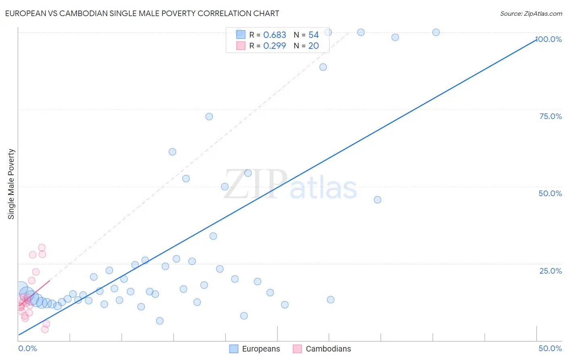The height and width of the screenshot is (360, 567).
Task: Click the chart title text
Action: (x=142, y=13)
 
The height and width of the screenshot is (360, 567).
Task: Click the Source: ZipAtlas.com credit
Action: (x=531, y=13)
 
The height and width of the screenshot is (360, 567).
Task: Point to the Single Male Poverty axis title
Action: (x=11, y=184)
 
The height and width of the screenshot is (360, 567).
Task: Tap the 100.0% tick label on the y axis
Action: (x=549, y=39)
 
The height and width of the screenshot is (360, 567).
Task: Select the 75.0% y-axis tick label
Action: (x=550, y=116)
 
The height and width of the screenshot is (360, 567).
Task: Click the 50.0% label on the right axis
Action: (x=550, y=193)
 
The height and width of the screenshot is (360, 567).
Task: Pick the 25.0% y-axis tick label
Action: (x=550, y=271)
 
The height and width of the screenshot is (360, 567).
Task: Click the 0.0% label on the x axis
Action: (x=27, y=348)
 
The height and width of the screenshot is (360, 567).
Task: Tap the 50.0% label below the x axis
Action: (x=550, y=348)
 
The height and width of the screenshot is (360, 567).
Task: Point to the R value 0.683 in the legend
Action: (x=275, y=35)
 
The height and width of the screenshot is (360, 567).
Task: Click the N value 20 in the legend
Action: (x=313, y=46)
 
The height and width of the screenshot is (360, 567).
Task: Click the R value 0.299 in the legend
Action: (x=275, y=46)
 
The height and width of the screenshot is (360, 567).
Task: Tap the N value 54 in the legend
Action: (x=313, y=35)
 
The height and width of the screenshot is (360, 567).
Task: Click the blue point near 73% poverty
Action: (x=209, y=117)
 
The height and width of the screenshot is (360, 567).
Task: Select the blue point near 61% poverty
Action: (x=172, y=152)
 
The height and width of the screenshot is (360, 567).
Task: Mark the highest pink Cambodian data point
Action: (x=42, y=248)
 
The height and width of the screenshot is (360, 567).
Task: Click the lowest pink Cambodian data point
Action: (x=45, y=329)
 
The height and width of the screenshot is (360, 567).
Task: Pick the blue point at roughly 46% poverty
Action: (x=377, y=200)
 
